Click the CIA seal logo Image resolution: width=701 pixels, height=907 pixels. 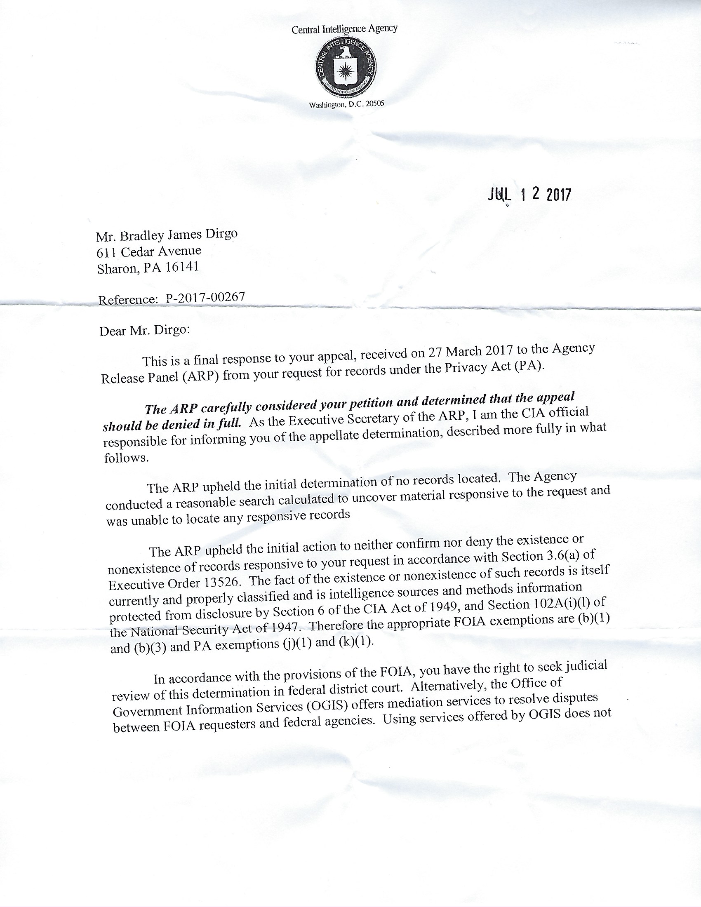click(345, 66)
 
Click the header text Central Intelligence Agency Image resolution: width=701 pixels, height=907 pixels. click(345, 29)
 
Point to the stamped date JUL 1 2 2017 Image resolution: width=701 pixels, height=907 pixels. click(529, 194)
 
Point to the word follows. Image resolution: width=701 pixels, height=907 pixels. click(125, 458)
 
